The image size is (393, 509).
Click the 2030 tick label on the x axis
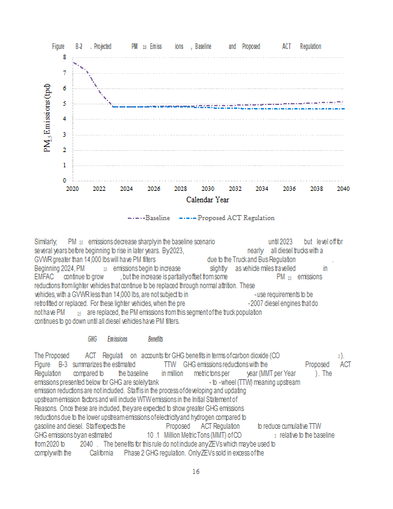208,189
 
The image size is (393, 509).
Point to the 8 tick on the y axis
64,57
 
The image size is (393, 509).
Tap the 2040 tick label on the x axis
343,189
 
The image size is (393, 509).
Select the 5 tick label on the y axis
64,104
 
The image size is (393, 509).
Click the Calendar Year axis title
207,200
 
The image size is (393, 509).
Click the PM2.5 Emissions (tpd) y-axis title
48,119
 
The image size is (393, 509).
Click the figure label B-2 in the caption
79,46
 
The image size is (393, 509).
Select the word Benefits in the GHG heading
155,339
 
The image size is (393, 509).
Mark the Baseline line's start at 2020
72,62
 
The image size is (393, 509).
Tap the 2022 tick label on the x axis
99,189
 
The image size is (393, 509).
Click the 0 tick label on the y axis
64,181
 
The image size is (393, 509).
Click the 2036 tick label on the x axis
289,189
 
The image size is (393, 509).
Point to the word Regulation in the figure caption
310,46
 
